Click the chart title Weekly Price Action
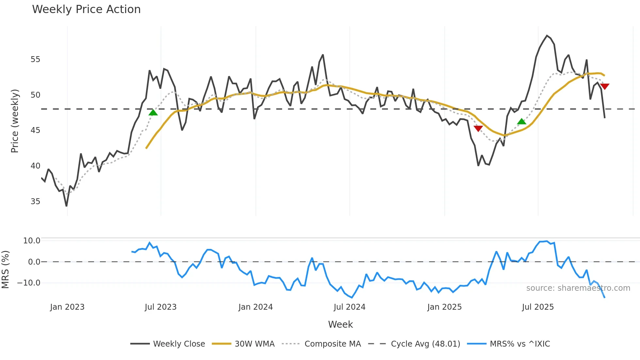[86, 9]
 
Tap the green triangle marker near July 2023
[153, 113]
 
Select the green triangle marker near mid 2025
[521, 122]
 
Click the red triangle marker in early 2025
[478, 129]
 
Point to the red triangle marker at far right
[605, 87]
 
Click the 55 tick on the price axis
[35, 59]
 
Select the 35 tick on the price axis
[35, 201]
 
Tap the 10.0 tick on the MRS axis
[32, 241]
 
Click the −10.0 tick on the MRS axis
[29, 283]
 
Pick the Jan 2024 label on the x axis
[255, 307]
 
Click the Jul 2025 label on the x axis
[538, 307]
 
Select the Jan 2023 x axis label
[67, 307]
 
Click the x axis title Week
[340, 324]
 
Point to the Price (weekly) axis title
[15, 121]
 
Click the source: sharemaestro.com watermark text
[578, 288]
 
